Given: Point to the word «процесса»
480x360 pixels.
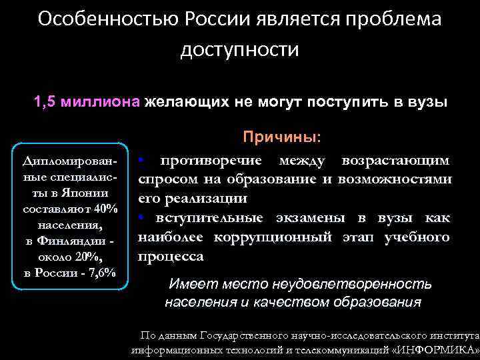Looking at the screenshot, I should (170, 256).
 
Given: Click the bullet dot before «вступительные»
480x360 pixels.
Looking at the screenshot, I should (142, 218).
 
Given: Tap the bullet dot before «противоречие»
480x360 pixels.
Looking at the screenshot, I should (142, 161).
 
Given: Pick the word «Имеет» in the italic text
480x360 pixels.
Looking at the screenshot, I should (190, 284).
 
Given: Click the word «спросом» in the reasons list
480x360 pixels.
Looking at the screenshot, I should (165, 179).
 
